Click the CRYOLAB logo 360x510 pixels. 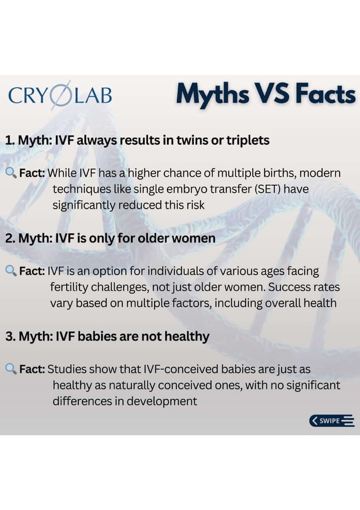60,95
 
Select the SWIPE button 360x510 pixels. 332,420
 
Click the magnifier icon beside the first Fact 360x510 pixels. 11,172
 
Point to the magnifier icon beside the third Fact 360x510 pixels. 11,369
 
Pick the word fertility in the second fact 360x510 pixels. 70,287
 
